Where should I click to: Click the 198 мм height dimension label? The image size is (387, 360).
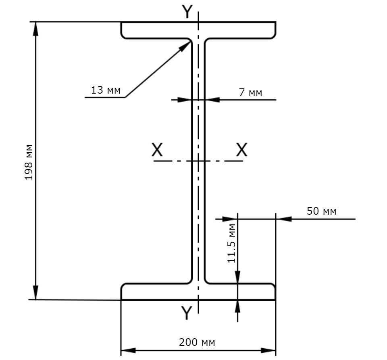click(x=29, y=162)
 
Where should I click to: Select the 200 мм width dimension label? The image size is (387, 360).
click(x=197, y=342)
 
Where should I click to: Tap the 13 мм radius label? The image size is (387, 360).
click(x=106, y=90)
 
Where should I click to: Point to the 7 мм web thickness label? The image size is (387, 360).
click(x=250, y=92)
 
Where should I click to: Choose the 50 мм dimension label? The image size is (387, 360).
click(x=321, y=211)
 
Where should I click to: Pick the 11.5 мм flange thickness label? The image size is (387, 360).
click(x=231, y=243)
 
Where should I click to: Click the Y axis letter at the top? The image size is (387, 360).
click(x=187, y=12)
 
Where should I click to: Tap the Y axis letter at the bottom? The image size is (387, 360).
click(x=187, y=312)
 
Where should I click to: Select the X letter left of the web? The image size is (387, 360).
click(x=157, y=149)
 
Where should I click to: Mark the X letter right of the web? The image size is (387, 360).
click(x=241, y=149)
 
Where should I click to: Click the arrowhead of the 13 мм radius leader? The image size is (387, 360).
click(x=185, y=46)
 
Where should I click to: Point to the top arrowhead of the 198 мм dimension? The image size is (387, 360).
click(x=36, y=29)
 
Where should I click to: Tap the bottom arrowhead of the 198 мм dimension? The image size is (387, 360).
click(x=36, y=293)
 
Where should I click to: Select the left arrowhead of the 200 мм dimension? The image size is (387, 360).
click(x=128, y=350)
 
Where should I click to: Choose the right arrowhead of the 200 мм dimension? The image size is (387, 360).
click(x=268, y=350)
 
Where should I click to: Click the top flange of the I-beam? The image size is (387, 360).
click(x=198, y=30)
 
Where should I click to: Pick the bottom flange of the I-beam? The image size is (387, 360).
click(x=198, y=292)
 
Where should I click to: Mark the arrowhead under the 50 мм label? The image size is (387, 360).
click(x=284, y=219)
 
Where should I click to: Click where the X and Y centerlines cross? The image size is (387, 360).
click(x=198, y=161)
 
